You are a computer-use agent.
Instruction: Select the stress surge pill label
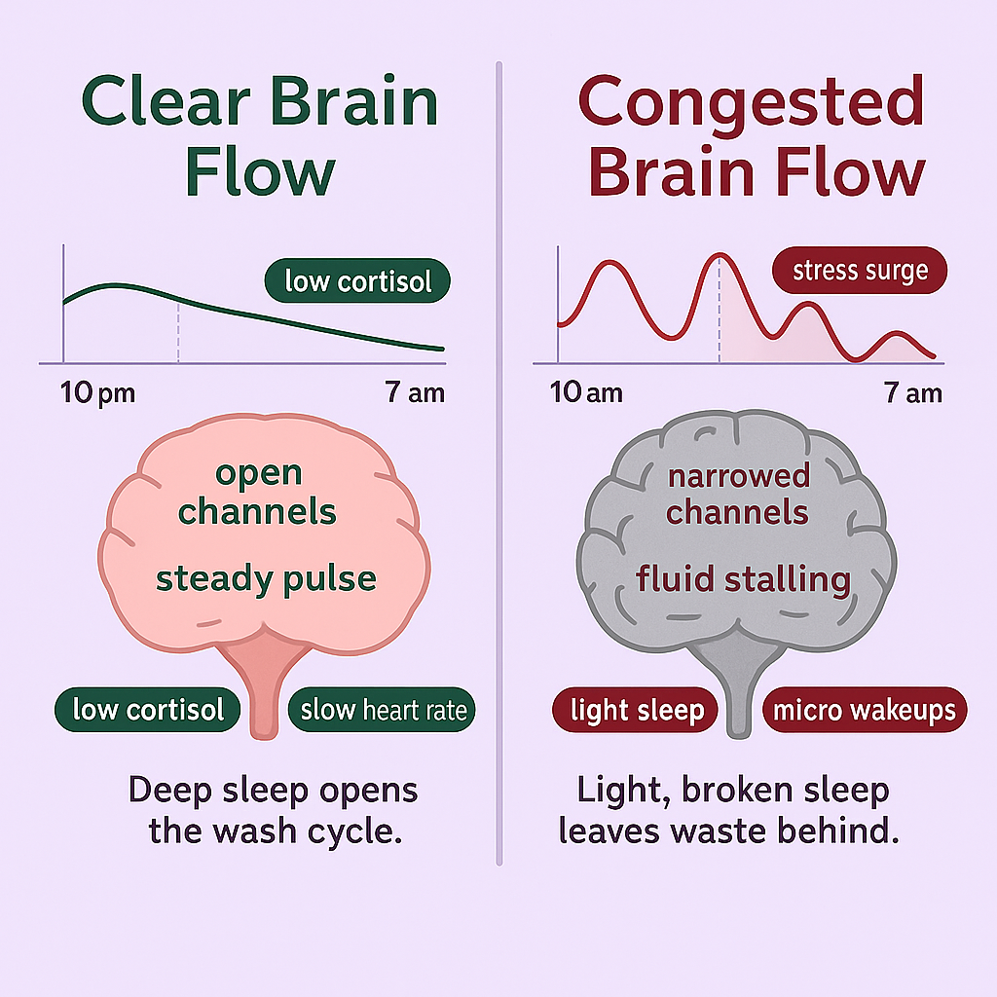(859, 270)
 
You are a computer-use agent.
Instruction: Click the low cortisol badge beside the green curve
(357, 281)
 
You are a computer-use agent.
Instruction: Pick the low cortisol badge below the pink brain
(148, 709)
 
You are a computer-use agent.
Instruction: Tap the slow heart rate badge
(384, 710)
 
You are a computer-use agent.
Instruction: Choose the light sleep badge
(637, 710)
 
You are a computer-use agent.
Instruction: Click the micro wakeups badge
(864, 710)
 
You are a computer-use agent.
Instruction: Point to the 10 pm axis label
(97, 393)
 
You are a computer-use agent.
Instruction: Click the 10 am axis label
(586, 393)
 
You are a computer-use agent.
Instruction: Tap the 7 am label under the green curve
(415, 393)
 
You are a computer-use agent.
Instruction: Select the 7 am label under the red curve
(912, 393)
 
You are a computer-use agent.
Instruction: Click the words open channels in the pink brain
(258, 492)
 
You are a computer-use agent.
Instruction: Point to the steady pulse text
(266, 578)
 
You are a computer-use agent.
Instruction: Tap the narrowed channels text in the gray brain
(738, 494)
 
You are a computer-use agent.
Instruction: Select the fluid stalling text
(743, 579)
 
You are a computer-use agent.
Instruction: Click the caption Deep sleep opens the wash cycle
(274, 810)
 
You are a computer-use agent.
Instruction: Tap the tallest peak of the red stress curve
(720, 255)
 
